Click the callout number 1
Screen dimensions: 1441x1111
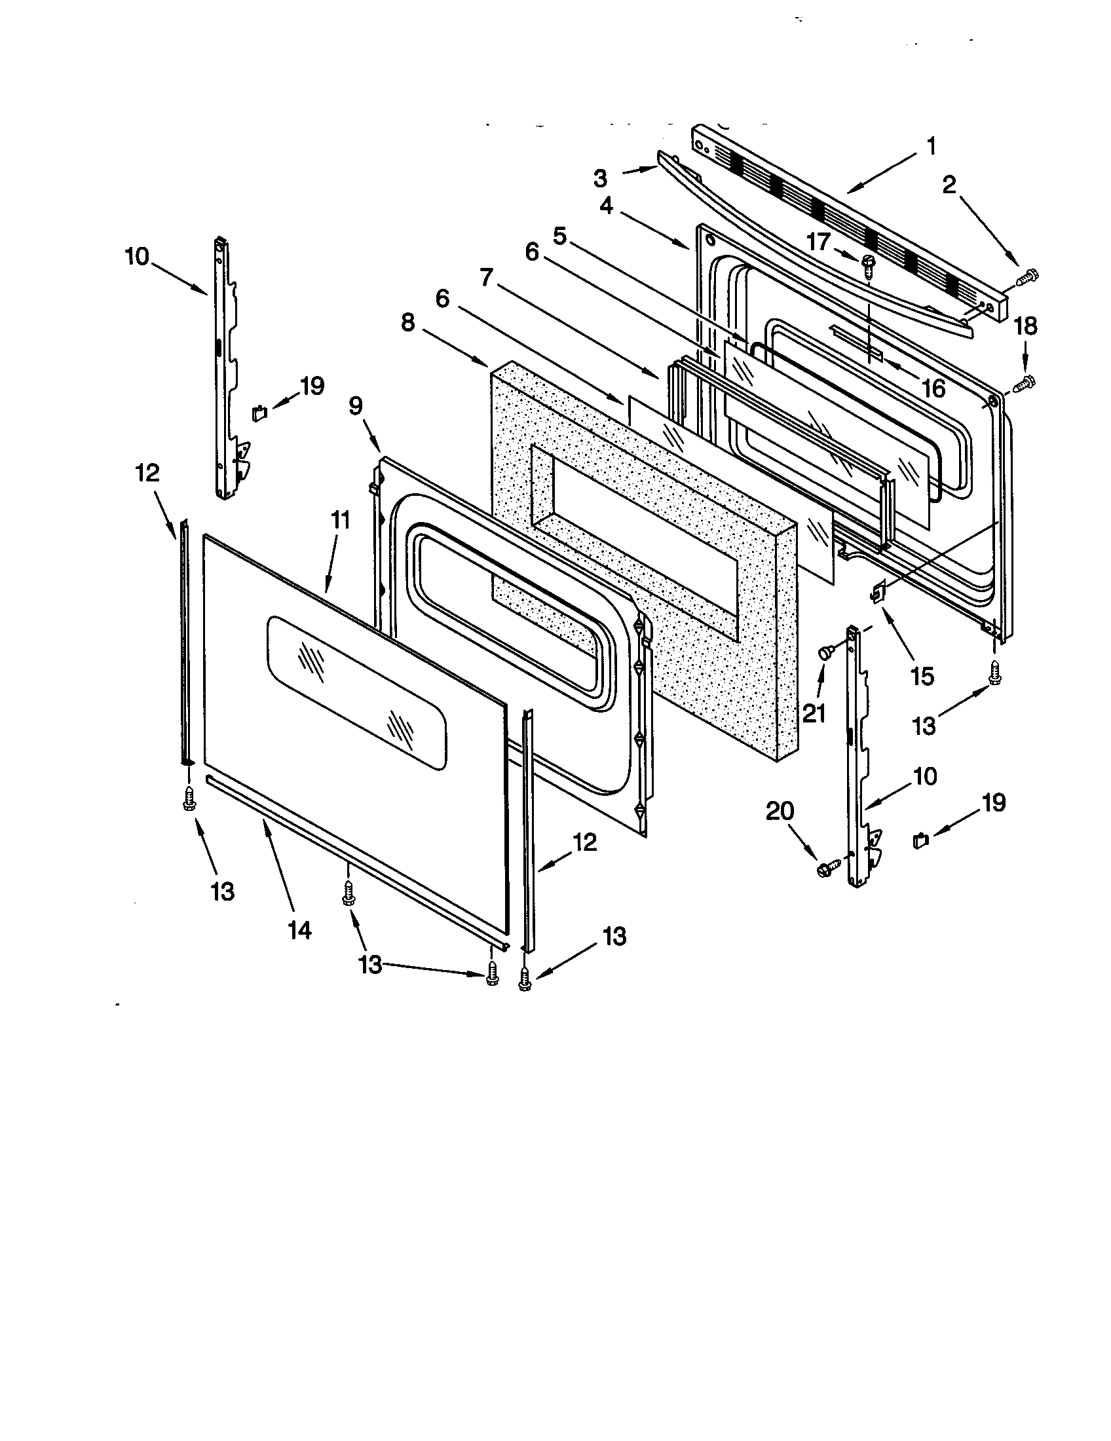[x=931, y=147]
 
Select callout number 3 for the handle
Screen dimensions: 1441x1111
[x=599, y=178]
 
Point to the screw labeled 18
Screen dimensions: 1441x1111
[x=1025, y=383]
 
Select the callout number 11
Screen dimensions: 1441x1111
[x=339, y=520]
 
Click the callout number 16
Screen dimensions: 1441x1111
[x=933, y=388]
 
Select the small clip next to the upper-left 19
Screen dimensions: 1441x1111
[x=259, y=413]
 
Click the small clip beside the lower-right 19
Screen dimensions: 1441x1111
[x=920, y=840]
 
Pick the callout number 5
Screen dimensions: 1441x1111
[x=560, y=237]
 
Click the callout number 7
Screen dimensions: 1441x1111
[x=486, y=279]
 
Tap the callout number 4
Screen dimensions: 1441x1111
[x=606, y=206]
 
